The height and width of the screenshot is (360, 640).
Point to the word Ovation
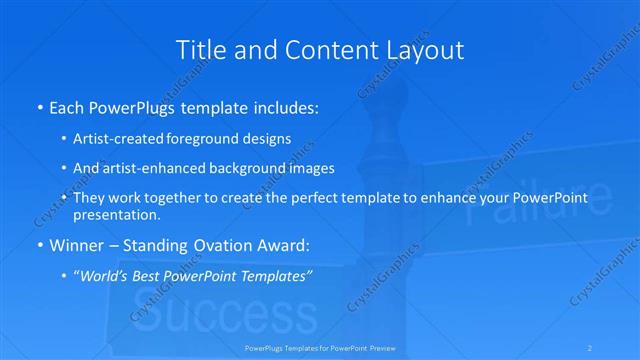(x=220, y=245)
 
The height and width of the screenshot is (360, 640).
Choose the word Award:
(x=284, y=245)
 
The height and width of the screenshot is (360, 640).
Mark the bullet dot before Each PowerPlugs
(x=38, y=107)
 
